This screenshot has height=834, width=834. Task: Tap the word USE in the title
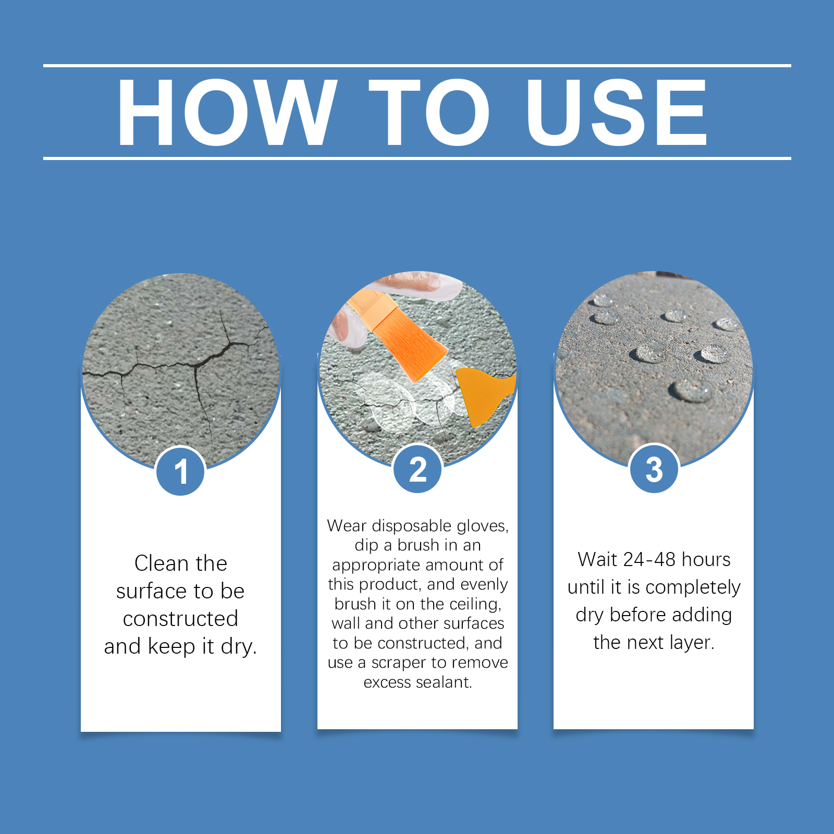pyautogui.click(x=617, y=112)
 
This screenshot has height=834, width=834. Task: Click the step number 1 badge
pyautogui.click(x=181, y=471)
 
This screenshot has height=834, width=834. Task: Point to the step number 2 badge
pyautogui.click(x=418, y=469)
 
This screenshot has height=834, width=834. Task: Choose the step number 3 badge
pyautogui.click(x=654, y=469)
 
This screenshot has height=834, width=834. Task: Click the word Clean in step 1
pyautogui.click(x=161, y=563)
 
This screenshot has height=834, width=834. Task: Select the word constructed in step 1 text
pyautogui.click(x=180, y=619)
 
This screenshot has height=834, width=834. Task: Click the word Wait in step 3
pyautogui.click(x=598, y=560)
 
